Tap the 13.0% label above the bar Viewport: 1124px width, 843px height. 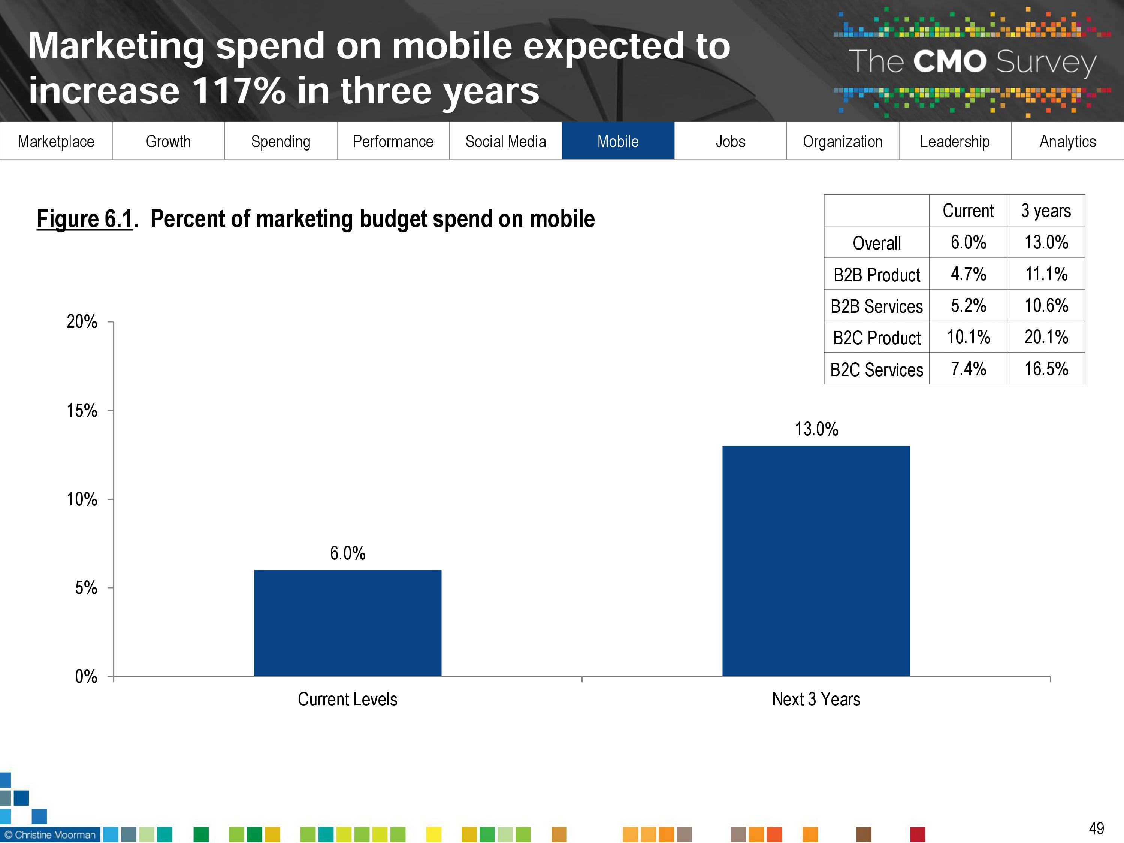click(816, 429)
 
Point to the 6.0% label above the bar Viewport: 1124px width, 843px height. click(348, 553)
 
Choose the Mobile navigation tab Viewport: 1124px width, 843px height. click(618, 141)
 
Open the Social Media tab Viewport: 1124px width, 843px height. click(505, 141)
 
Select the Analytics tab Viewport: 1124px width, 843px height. click(1067, 141)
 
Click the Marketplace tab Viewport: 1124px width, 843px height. click(56, 141)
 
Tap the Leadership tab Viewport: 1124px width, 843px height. click(955, 141)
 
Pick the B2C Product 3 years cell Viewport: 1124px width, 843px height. click(1046, 337)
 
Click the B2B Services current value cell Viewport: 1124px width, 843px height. click(968, 305)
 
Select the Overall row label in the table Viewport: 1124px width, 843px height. click(877, 243)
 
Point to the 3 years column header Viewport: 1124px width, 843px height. click(1046, 210)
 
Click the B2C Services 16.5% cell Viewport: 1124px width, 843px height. click(1046, 369)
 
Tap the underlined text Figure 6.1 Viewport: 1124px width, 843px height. click(85, 219)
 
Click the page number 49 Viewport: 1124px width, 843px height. click(1096, 829)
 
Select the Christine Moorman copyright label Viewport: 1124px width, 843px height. click(50, 835)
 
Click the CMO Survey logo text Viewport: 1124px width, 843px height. click(972, 62)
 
